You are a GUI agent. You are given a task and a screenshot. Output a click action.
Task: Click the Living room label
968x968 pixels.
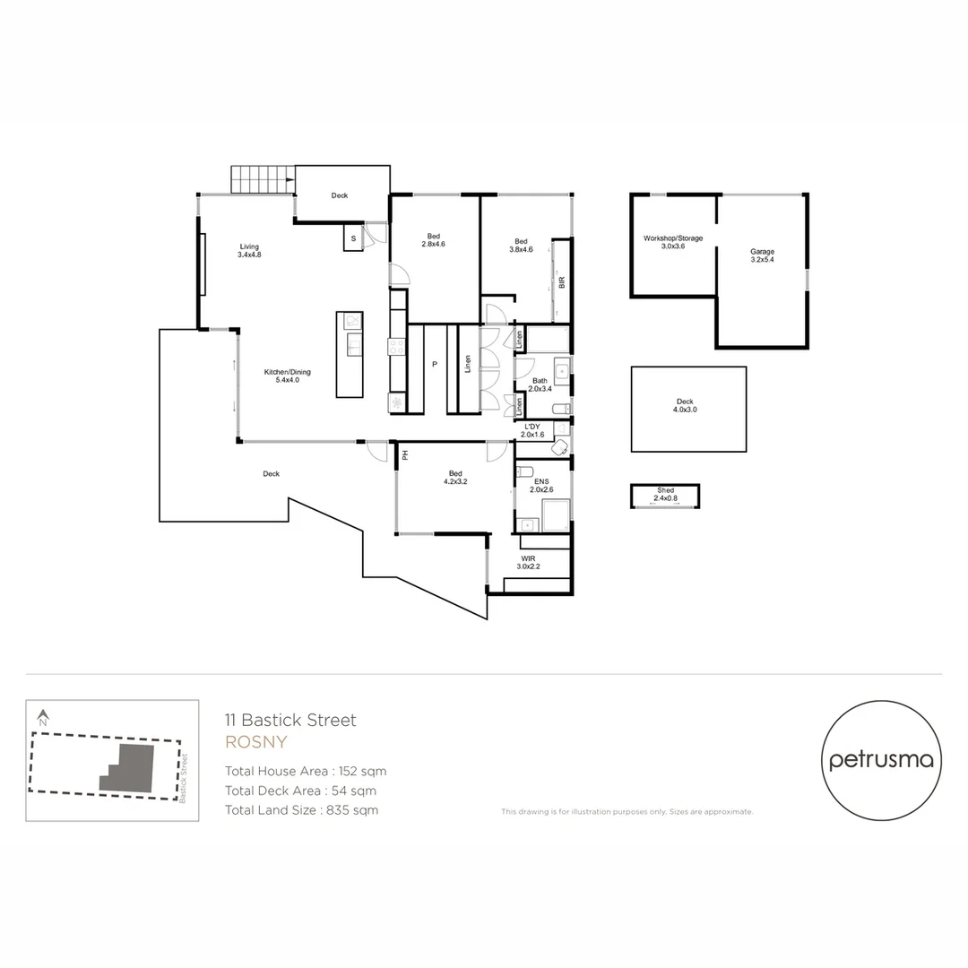point(249,250)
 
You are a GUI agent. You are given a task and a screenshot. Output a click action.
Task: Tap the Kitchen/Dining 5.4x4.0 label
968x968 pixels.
point(281,376)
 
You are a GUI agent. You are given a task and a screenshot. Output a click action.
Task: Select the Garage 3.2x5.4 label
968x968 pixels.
point(762,255)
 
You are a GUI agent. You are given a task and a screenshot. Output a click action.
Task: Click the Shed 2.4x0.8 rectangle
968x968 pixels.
point(665,496)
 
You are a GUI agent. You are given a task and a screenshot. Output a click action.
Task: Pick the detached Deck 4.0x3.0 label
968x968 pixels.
point(685,405)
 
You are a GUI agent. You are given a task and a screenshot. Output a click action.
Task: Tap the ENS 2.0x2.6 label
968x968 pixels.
point(540,486)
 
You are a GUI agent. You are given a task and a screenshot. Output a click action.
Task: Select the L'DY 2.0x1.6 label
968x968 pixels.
point(533,430)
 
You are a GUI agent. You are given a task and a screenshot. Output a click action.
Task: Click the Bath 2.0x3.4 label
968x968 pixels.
point(540,385)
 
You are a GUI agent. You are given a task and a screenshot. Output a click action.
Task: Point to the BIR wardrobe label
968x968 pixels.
point(562,281)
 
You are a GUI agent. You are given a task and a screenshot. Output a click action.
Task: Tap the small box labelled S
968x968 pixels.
point(353,238)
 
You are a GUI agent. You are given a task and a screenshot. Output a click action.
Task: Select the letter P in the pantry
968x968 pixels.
point(434,365)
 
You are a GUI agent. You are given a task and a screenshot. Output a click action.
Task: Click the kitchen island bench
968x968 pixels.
point(350,354)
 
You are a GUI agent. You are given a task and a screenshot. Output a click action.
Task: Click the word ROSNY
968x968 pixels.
point(255,742)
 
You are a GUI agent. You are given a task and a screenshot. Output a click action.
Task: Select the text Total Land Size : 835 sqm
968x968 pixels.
point(301,810)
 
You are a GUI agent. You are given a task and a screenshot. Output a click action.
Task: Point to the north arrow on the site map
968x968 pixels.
point(42,718)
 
